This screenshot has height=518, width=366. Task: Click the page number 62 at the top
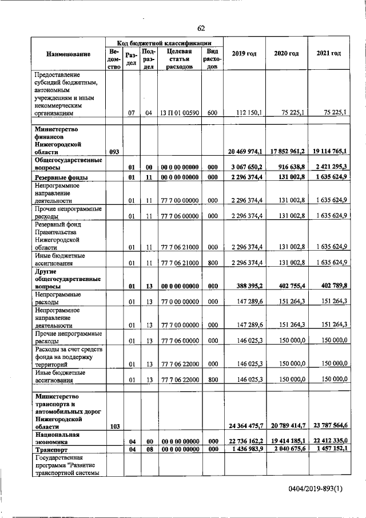pyautogui.click(x=201, y=29)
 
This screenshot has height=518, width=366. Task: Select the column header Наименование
pyautogui.click(x=69, y=54)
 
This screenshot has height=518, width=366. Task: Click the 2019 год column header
pyautogui.click(x=244, y=54)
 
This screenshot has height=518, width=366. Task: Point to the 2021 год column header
pyautogui.click(x=328, y=54)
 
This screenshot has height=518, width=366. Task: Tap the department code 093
pyautogui.click(x=114, y=152)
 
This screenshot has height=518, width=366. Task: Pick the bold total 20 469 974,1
pyautogui.click(x=244, y=152)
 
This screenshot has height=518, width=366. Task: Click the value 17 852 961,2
pyautogui.click(x=287, y=152)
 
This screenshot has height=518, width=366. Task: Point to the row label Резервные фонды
pyautogui.click(x=62, y=177)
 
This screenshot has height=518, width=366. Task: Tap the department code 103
pyautogui.click(x=114, y=426)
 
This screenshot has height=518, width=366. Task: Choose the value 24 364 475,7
pyautogui.click(x=244, y=426)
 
